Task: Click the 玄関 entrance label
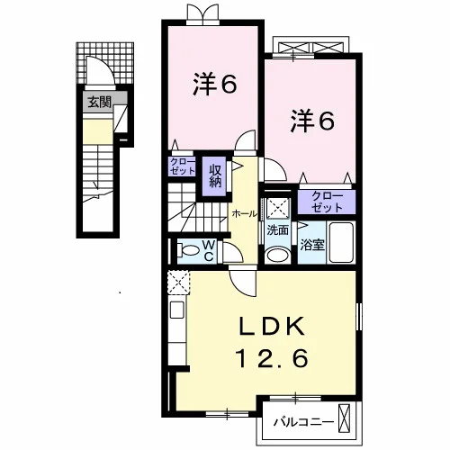tap(99, 103)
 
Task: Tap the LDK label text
tap(272, 327)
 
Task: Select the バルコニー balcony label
tap(303, 423)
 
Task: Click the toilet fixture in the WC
tap(188, 250)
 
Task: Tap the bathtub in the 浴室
tap(341, 242)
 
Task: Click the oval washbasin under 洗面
tap(278, 255)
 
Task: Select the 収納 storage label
tap(215, 176)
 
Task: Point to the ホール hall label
tap(245, 214)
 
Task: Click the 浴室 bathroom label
tap(312, 245)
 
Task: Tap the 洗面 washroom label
tap(277, 230)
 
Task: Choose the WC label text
tap(210, 251)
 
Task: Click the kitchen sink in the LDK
tap(177, 310)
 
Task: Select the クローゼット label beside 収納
tap(183, 166)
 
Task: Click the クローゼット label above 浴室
tap(327, 202)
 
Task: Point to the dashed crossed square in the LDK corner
tap(178, 283)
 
